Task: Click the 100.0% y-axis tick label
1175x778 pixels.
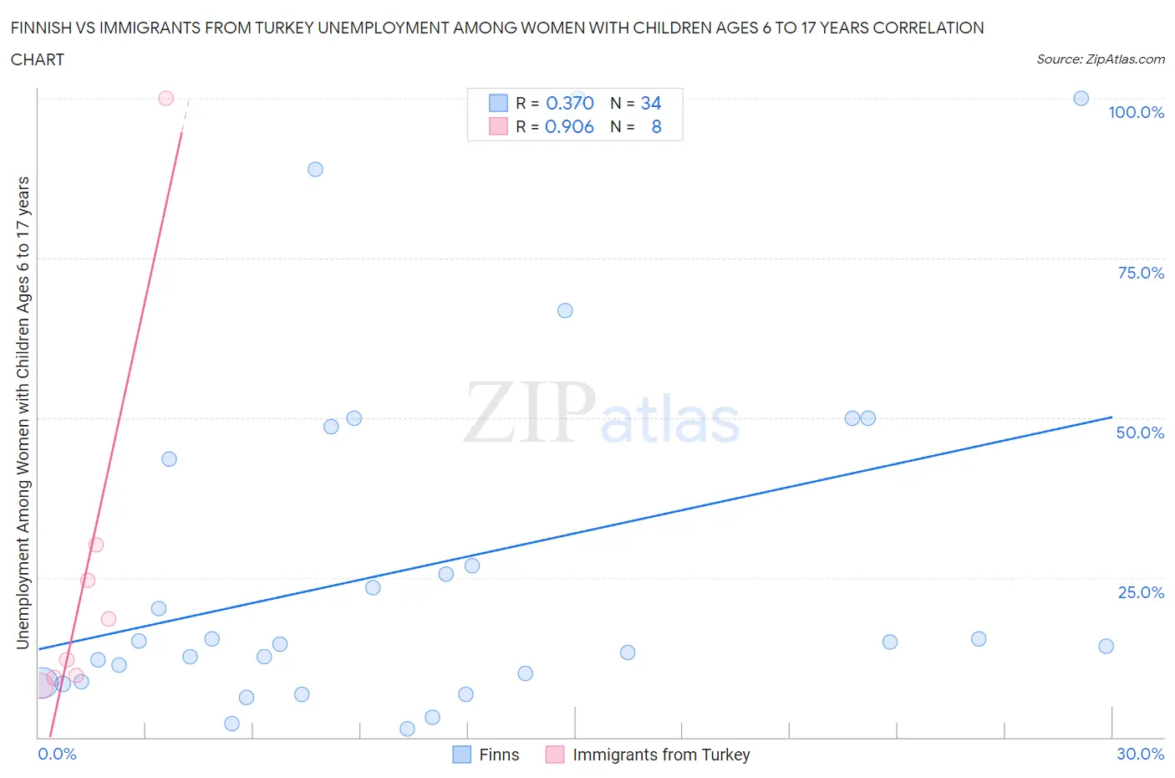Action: pos(1136,112)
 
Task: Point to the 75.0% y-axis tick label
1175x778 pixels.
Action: pos(1141,273)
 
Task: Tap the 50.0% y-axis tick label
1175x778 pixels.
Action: pos(1140,433)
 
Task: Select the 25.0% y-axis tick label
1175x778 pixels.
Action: pos(1141,592)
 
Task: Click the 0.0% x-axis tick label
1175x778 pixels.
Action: pos(57,754)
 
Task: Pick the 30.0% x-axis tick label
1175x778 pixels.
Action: pos(1140,754)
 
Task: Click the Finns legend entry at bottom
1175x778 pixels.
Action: pos(486,755)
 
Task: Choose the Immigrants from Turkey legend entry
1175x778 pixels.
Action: pos(649,755)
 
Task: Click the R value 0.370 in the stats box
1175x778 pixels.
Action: pos(569,103)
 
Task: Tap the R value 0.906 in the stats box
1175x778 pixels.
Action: pos(569,126)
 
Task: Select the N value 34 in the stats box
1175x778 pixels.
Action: pos(650,103)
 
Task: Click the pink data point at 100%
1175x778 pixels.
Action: pos(165,98)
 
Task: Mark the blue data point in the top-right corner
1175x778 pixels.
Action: pos(1081,98)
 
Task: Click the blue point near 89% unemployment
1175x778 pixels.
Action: pos(315,169)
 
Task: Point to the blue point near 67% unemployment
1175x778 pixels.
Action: pos(565,310)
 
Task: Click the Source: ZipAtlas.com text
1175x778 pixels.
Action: pos(1100,59)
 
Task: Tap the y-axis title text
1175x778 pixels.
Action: pos(23,412)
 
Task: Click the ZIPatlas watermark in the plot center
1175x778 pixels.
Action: pos(602,413)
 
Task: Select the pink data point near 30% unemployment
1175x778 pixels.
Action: pos(96,545)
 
